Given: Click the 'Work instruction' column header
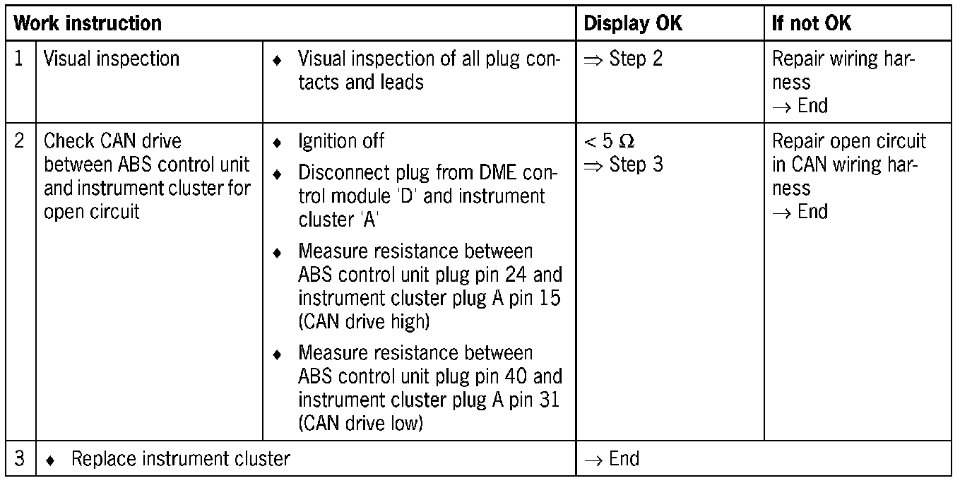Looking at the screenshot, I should coord(88,23).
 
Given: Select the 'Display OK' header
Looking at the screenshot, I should coord(633,23).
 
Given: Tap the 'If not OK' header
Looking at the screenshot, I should coord(812,23).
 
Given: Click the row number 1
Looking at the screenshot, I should coord(20,59).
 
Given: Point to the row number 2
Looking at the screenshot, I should coord(20,141).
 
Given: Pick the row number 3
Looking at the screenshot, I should coord(20,459).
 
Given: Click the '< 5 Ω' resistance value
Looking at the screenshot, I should coord(605,141).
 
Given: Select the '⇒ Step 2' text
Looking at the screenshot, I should coord(623,59).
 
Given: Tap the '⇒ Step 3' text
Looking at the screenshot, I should coord(623,165).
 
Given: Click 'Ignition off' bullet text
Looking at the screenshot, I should coord(341,141).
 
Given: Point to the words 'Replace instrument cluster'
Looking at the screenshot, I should coord(180,459).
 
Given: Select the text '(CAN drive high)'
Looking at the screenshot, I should coord(363,322).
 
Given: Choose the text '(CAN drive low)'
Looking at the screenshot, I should coord(360,423).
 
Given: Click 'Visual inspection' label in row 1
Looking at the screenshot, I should coord(112,59).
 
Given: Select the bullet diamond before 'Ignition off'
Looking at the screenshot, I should coord(278,143).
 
